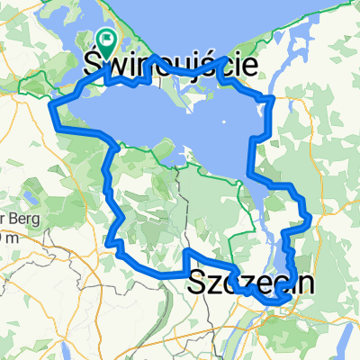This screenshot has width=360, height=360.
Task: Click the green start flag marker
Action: [x=107, y=39]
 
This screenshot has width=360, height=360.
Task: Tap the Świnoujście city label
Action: [x=171, y=64]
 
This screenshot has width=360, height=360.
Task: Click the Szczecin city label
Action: [x=252, y=283]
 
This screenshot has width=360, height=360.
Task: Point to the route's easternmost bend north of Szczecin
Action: [x=309, y=217]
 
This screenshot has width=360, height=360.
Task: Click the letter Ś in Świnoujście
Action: [x=93, y=64]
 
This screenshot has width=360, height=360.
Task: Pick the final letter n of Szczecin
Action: [x=306, y=283]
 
